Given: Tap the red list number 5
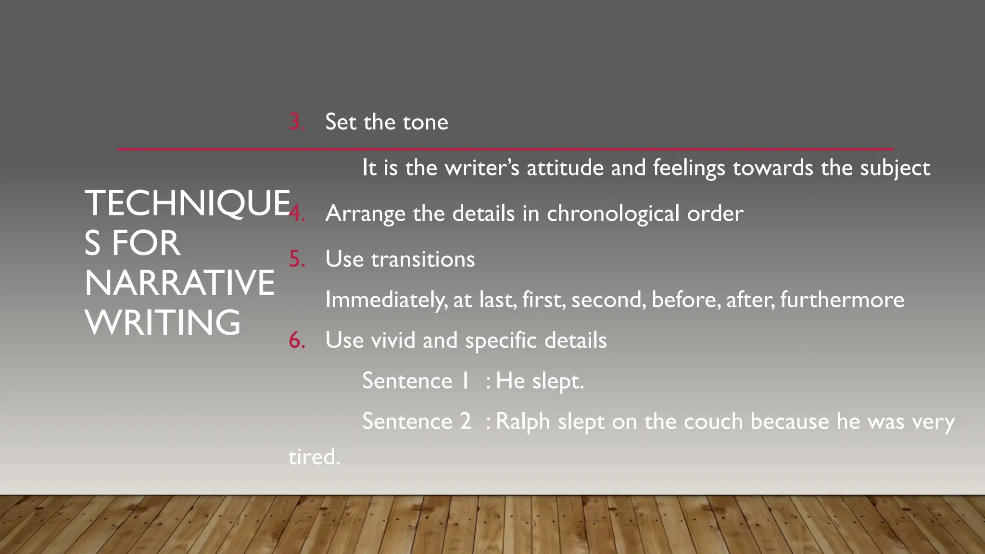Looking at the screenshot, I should [296, 259].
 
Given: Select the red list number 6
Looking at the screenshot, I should [296, 340].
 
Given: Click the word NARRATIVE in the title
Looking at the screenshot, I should [179, 283].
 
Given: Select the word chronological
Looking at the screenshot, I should [613, 214].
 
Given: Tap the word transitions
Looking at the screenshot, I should [423, 259].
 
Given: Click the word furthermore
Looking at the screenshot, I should [842, 300].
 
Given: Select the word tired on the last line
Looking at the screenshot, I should [314, 457].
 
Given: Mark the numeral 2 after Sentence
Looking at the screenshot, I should [465, 422].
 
